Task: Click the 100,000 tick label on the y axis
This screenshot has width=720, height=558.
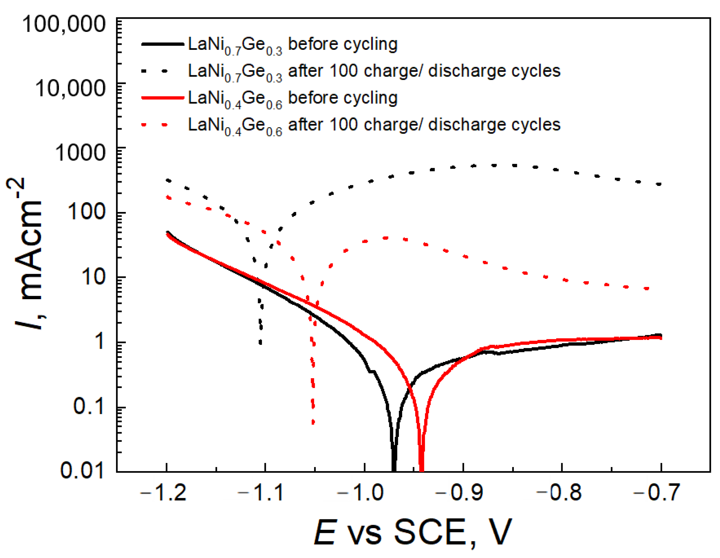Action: click(x=64, y=24)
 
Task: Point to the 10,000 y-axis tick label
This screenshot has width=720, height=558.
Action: click(x=70, y=89)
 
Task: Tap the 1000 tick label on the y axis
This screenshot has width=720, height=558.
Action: click(x=80, y=153)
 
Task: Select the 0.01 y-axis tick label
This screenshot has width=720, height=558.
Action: click(x=82, y=471)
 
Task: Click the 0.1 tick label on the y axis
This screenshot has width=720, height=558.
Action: click(x=89, y=406)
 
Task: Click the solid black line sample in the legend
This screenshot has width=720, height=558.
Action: click(x=162, y=44)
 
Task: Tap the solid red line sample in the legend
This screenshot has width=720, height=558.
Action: click(x=162, y=98)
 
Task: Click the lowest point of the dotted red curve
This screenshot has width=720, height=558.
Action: click(x=313, y=423)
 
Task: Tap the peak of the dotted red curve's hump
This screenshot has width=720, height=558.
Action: click(x=386, y=238)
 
